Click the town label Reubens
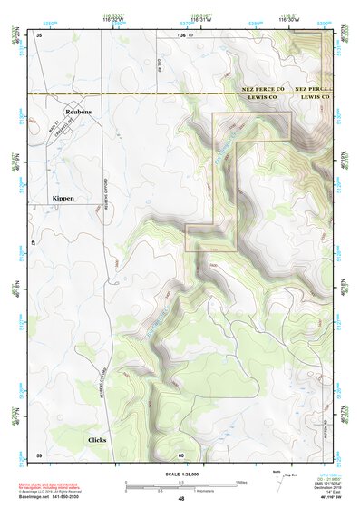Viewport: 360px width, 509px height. click(79, 112)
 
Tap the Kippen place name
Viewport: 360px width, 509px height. click(63, 197)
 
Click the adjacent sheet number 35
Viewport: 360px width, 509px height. click(40, 34)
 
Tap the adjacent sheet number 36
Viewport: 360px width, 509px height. click(181, 34)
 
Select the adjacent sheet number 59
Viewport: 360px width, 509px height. click(39, 454)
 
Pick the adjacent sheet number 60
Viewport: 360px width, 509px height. click(181, 455)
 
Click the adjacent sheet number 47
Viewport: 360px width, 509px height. click(33, 244)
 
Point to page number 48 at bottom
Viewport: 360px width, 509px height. click(180, 499)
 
